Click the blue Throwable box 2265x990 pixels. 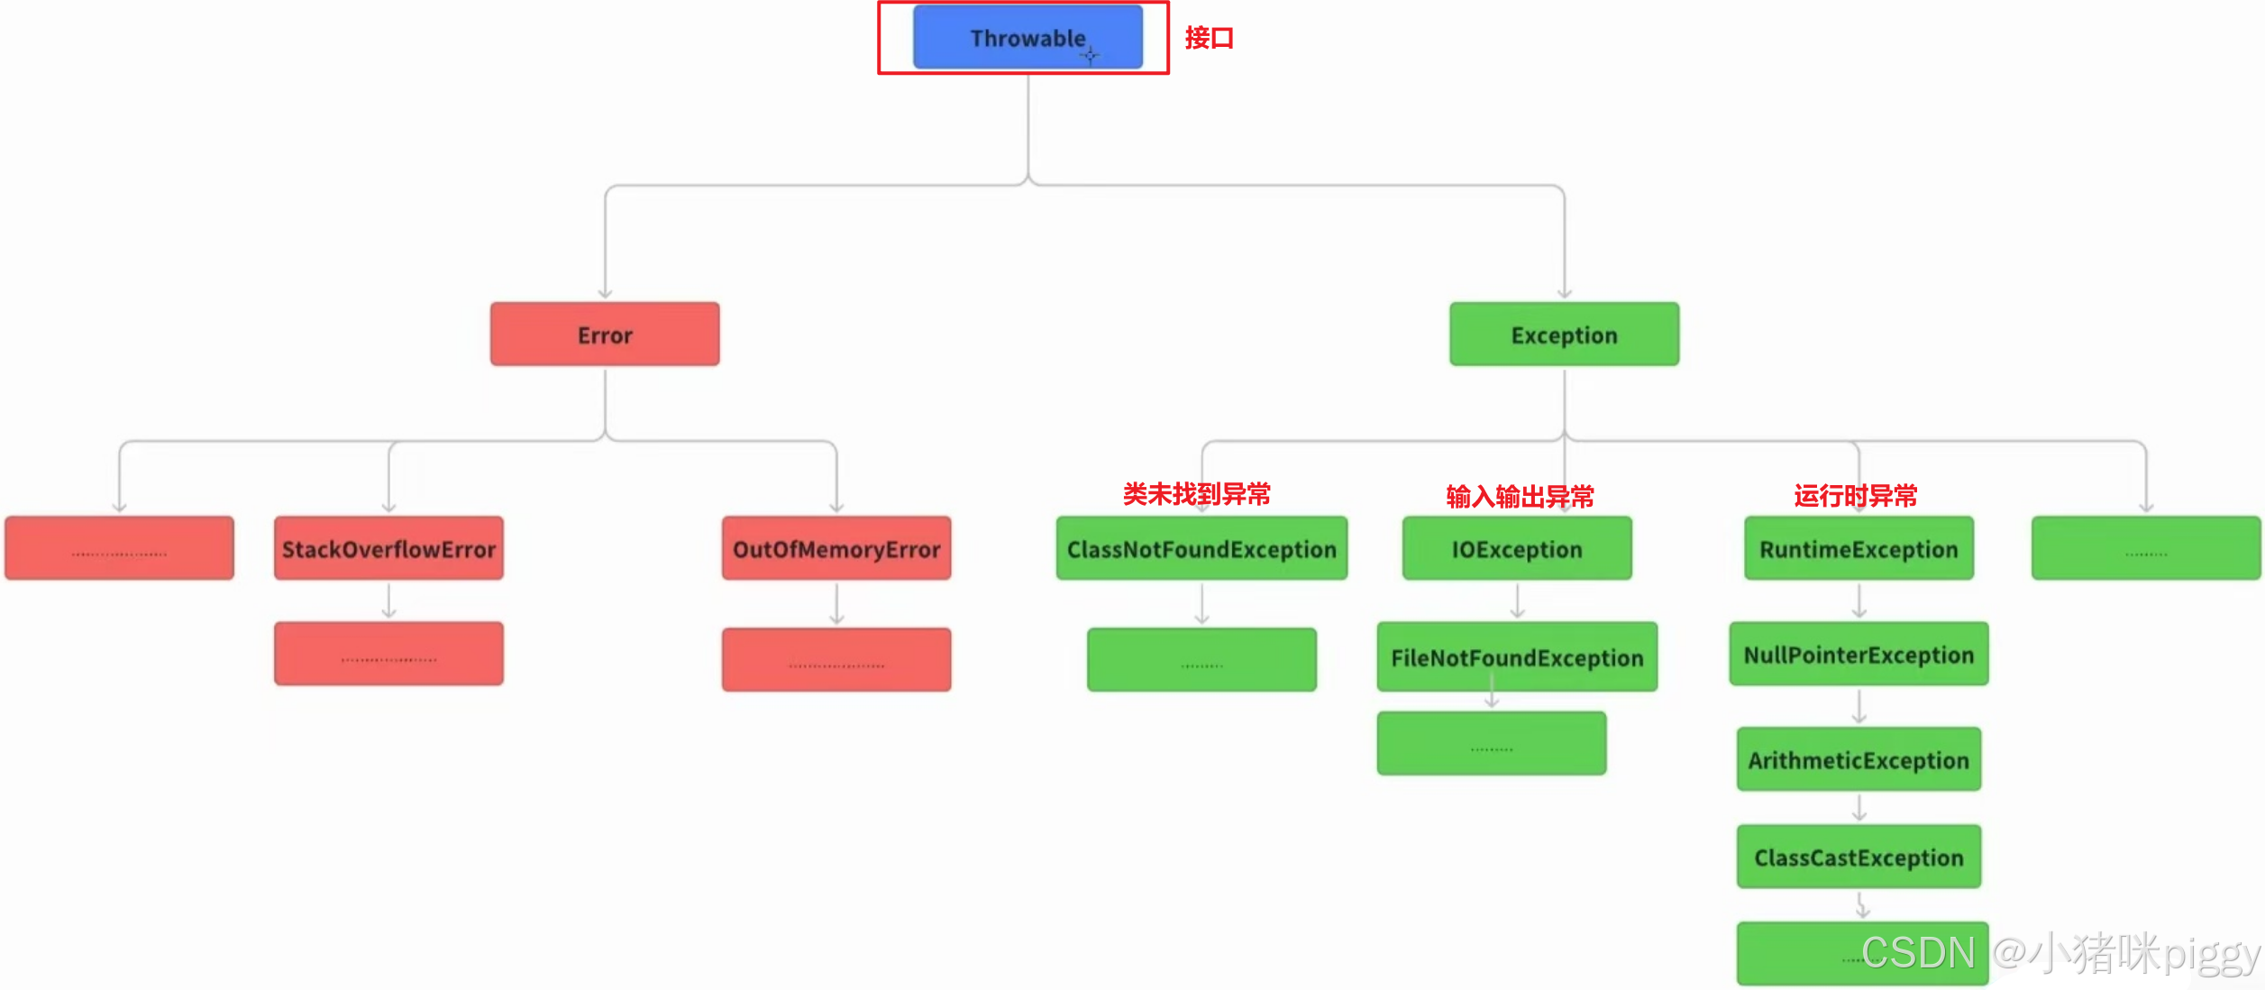coord(1027,38)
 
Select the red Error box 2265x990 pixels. coord(605,335)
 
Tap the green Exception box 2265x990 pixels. coord(1564,335)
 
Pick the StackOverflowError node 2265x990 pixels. coord(388,548)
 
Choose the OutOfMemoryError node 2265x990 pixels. coord(836,548)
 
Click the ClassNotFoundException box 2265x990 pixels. coord(1201,548)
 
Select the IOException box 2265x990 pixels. coord(1517,548)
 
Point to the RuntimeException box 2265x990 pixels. coord(1859,548)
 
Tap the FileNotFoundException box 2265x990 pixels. coord(1517,657)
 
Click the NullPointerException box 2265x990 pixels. coord(1859,655)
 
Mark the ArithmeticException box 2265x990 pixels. coord(1859,760)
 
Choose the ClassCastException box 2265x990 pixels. coord(1859,857)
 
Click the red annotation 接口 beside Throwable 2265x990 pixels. coord(1209,38)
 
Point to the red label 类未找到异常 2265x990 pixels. coord(1196,494)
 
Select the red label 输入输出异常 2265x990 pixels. coord(1520,496)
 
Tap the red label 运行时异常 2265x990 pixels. coord(1855,495)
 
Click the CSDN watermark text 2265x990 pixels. coord(1918,953)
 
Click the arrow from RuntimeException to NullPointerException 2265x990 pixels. coord(1859,600)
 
